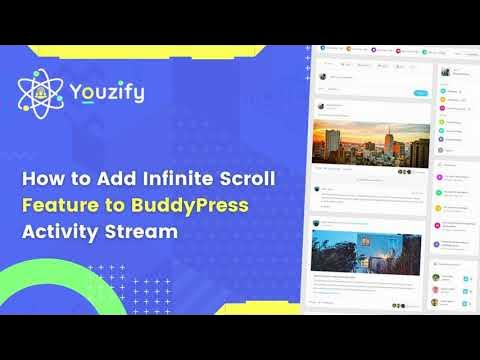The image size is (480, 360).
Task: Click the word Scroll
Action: pyautogui.click(x=246, y=180)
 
